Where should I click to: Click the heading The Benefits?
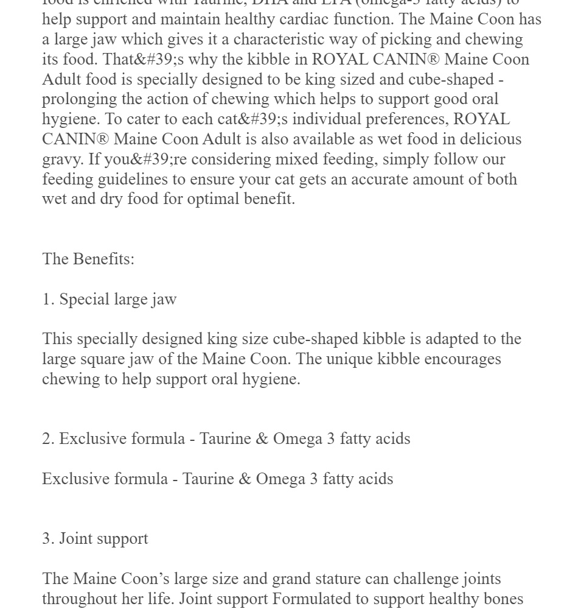point(88,259)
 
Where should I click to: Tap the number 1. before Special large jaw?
point(48,299)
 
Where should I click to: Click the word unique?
point(349,359)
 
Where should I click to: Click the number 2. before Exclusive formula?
point(48,438)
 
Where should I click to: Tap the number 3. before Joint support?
point(48,538)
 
